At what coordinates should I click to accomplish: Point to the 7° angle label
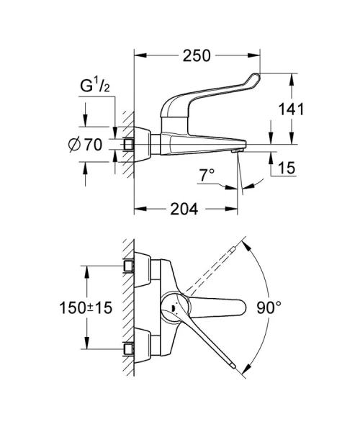click(207, 175)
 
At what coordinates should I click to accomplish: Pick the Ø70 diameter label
click(84, 145)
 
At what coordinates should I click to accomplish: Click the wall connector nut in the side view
click(130, 144)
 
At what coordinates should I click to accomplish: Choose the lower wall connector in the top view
click(130, 348)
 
